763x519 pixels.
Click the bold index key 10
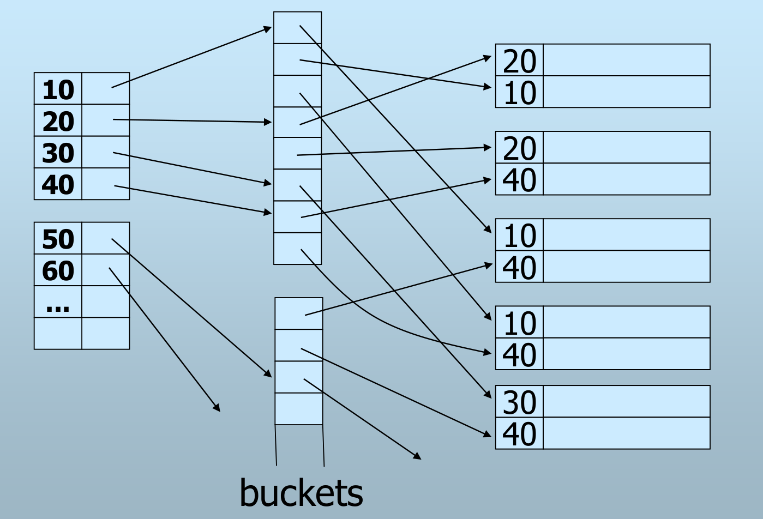pyautogui.click(x=58, y=90)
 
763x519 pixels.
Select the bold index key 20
pyautogui.click(x=58, y=122)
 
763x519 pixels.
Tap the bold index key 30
pyautogui.click(x=58, y=153)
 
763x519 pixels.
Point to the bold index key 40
pyautogui.click(x=58, y=185)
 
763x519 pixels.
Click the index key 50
pyautogui.click(x=58, y=239)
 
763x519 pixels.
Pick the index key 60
pyautogui.click(x=58, y=271)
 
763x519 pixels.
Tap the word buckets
pyautogui.click(x=301, y=493)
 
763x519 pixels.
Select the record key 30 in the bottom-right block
pyautogui.click(x=519, y=402)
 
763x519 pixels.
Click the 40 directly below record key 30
pyautogui.click(x=519, y=434)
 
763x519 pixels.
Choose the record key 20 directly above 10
pyautogui.click(x=519, y=61)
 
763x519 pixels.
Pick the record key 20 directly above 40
pyautogui.click(x=519, y=148)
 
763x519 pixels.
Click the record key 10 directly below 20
pyautogui.click(x=519, y=93)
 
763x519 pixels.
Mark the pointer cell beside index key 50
pyautogui.click(x=106, y=238)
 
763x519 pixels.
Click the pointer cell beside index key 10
pyautogui.click(x=106, y=89)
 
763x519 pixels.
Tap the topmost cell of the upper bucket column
pyautogui.click(x=298, y=28)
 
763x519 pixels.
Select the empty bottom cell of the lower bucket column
pyautogui.click(x=299, y=409)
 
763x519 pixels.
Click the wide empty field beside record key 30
pyautogui.click(x=627, y=402)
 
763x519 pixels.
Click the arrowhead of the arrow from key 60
pyautogui.click(x=218, y=409)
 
